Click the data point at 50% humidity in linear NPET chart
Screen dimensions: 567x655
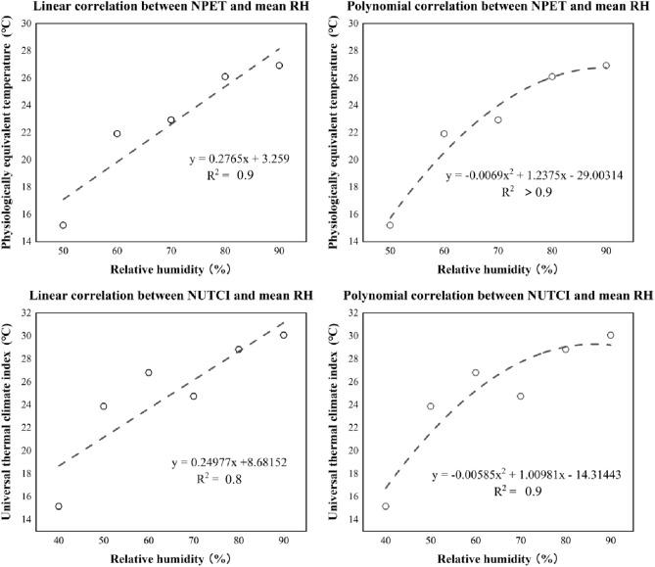pos(63,225)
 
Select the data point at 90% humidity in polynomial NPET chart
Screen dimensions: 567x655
pos(606,66)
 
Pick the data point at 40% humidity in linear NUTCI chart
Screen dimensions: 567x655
pos(58,506)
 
